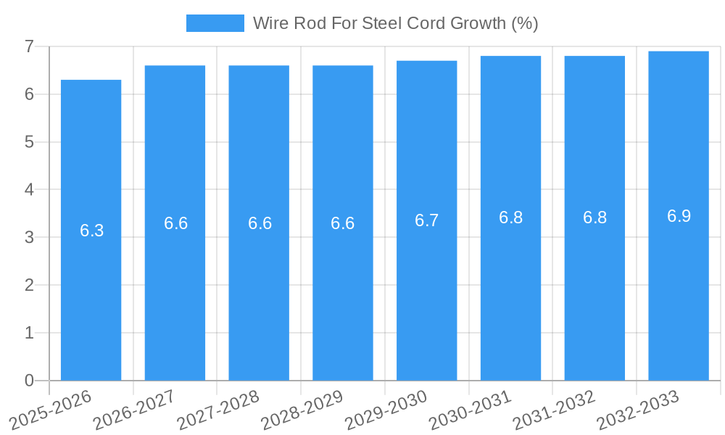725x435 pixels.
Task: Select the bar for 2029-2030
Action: pyautogui.click(x=426, y=220)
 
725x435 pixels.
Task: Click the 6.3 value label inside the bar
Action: pyautogui.click(x=91, y=231)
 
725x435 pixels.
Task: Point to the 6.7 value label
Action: pyautogui.click(x=426, y=220)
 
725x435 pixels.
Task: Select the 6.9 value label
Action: pyautogui.click(x=679, y=216)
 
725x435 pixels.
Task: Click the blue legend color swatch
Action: pyautogui.click(x=215, y=23)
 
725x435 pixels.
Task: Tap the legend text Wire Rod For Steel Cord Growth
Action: pyautogui.click(x=395, y=23)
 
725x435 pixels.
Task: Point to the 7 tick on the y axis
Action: pyautogui.click(x=29, y=46)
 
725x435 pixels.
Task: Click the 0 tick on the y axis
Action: pyautogui.click(x=29, y=381)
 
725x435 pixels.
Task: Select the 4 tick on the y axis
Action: pyautogui.click(x=29, y=189)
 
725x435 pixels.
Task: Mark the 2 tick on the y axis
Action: pyautogui.click(x=29, y=285)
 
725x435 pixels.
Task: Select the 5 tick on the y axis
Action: pyautogui.click(x=29, y=142)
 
